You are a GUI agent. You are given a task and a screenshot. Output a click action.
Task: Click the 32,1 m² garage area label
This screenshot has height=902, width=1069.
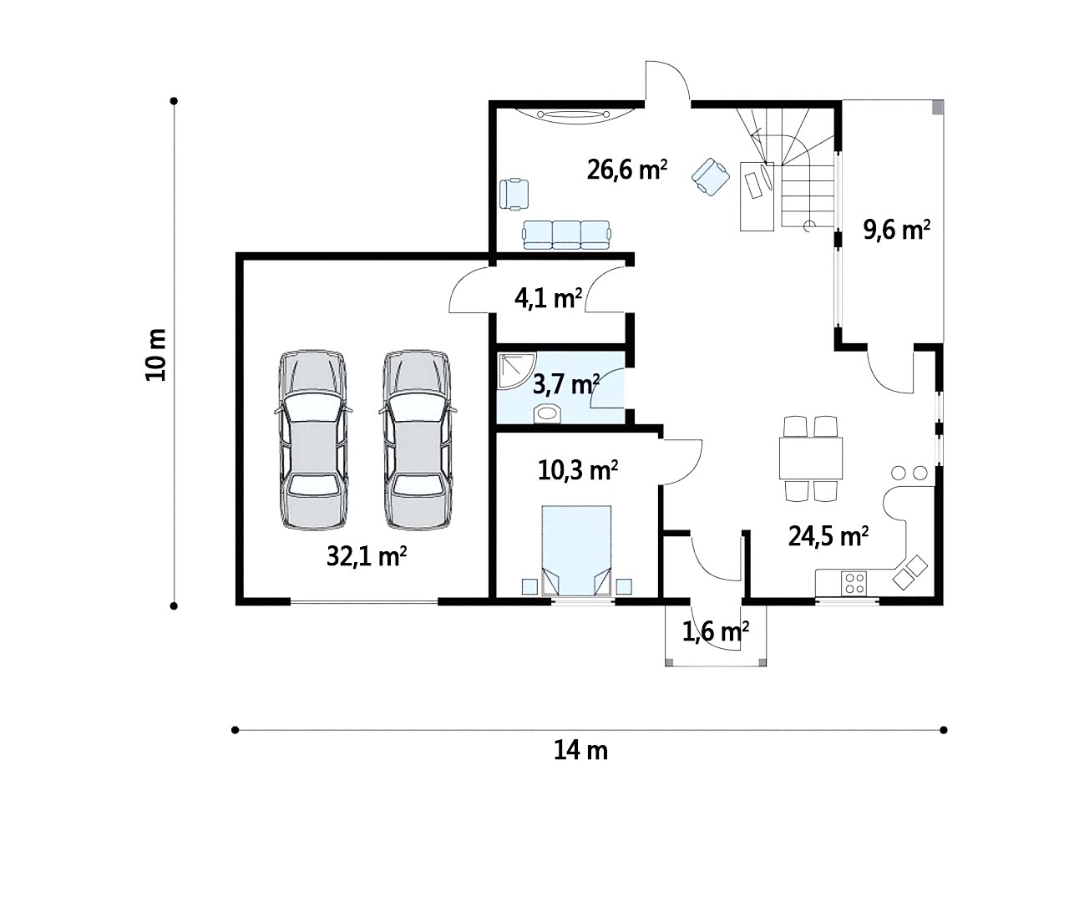click(367, 556)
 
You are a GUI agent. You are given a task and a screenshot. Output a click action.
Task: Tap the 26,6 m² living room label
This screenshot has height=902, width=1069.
click(626, 170)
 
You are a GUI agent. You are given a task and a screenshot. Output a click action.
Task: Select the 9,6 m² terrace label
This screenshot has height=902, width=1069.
click(896, 229)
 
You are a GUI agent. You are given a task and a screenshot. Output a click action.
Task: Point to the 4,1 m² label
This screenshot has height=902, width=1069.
click(548, 298)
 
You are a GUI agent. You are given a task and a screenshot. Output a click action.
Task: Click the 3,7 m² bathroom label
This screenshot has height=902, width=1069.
click(565, 384)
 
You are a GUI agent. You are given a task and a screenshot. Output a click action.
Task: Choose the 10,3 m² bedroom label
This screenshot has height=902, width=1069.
click(577, 470)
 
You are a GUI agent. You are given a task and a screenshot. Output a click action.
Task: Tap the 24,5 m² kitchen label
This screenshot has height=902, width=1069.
click(828, 536)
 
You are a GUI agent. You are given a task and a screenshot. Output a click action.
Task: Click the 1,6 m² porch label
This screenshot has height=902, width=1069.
click(715, 631)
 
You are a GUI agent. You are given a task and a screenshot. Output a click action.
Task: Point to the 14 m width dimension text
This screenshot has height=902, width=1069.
click(580, 751)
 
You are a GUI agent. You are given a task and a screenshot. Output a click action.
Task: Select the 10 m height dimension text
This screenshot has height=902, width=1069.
click(155, 355)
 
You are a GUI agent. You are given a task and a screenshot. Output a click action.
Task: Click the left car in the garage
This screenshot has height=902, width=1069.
click(313, 440)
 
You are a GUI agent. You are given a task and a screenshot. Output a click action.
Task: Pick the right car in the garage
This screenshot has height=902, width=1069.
click(418, 440)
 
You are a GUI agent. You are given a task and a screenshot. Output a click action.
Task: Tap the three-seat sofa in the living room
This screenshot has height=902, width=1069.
click(566, 235)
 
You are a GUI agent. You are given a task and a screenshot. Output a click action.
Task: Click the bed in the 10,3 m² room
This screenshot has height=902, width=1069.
click(576, 551)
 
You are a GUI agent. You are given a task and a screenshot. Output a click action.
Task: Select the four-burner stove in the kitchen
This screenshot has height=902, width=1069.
click(854, 584)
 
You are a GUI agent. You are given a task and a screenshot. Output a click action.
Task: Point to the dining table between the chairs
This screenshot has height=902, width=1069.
click(810, 458)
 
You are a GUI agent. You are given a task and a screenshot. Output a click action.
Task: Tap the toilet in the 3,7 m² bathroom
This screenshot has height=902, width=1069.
click(547, 414)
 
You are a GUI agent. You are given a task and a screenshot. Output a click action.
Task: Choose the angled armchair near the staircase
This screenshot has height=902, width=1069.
click(711, 176)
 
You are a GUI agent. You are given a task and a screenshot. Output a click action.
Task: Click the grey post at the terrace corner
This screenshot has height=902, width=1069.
click(937, 107)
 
